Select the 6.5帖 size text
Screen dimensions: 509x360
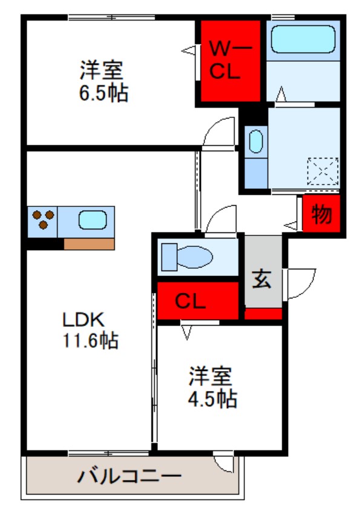tap(102, 94)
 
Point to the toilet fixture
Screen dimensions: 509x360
tap(187, 257)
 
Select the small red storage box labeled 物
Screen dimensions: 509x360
tap(321, 214)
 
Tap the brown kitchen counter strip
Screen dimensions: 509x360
tap(89, 244)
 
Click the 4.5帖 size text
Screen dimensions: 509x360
tap(211, 399)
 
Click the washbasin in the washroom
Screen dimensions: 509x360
tap(255, 142)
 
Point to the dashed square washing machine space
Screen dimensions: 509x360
tap(322, 171)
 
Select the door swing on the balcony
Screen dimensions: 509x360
tap(225, 463)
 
